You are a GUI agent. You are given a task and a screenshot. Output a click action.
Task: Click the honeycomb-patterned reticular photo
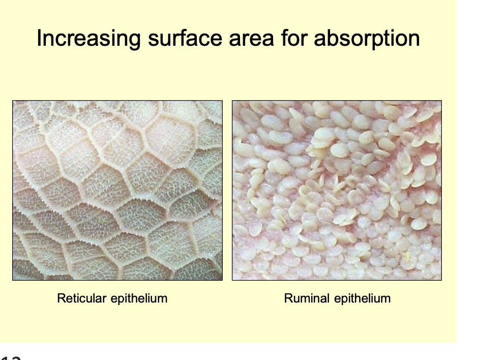pos(117,190)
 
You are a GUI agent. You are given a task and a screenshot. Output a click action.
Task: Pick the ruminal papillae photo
pos(337,190)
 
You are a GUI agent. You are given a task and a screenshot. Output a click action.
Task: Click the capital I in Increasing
pos(39,39)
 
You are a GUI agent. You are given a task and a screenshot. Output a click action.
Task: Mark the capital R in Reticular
pos(61,298)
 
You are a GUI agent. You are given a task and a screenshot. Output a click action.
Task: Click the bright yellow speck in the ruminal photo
pos(406,253)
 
